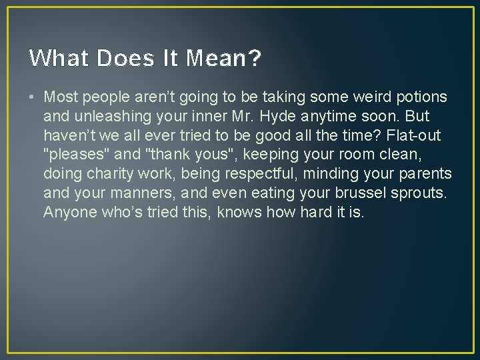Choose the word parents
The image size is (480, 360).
pyautogui.click(x=426, y=175)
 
